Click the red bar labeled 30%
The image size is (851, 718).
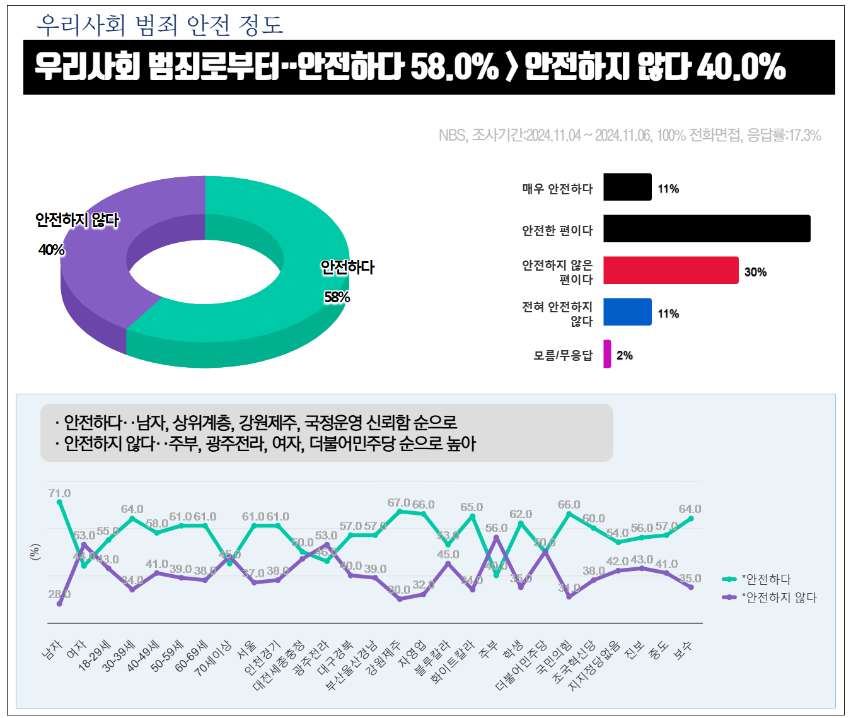click(x=670, y=270)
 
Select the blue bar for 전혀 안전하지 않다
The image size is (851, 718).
click(x=627, y=312)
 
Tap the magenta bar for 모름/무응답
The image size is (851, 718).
click(x=607, y=354)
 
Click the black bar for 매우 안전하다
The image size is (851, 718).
click(x=627, y=187)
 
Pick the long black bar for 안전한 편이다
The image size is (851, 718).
click(x=706, y=228)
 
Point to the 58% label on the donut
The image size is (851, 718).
click(x=337, y=297)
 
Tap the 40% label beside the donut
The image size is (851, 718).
click(x=52, y=250)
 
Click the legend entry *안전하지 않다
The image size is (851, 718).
click(x=779, y=597)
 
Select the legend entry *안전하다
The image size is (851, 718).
click(x=766, y=579)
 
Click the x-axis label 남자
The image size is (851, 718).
click(x=52, y=649)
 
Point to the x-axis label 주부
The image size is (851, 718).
click(x=489, y=650)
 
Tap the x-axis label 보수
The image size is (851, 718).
click(x=683, y=650)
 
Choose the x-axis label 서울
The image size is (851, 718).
click(x=246, y=650)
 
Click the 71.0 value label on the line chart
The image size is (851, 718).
click(x=59, y=493)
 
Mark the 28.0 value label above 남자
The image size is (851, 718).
click(x=59, y=594)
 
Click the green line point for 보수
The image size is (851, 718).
click(x=691, y=519)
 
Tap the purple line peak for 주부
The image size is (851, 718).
click(x=496, y=538)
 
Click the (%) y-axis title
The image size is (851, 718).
click(x=35, y=551)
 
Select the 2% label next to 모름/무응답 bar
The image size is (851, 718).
click(x=625, y=355)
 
